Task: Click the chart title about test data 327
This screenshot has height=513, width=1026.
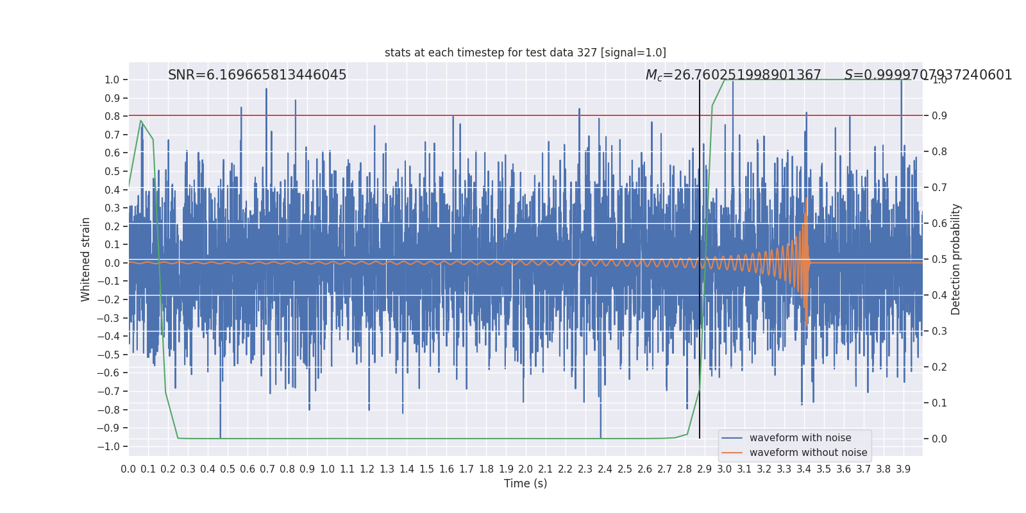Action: [x=525, y=53]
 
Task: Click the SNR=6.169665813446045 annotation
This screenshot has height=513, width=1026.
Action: [x=257, y=75]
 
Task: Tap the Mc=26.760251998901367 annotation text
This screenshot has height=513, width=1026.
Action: [x=733, y=76]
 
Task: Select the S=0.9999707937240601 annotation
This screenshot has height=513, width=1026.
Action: [x=928, y=76]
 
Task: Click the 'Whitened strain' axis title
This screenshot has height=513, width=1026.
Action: [x=86, y=259]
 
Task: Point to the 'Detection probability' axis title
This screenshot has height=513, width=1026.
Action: [x=956, y=259]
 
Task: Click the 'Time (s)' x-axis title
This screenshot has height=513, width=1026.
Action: [x=525, y=484]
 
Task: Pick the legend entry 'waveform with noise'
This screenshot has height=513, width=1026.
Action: [x=800, y=438]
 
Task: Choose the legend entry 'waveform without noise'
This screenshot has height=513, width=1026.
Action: [x=808, y=453]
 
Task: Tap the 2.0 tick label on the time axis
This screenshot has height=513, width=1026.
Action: [x=526, y=469]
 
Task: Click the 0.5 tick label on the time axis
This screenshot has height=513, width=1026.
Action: [x=228, y=469]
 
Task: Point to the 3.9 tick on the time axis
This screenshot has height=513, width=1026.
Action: [x=903, y=469]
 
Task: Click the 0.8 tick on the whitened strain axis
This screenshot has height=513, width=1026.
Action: [x=112, y=117]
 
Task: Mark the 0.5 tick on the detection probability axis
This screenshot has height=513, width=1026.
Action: [x=939, y=260]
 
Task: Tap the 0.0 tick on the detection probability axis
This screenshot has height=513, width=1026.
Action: [x=939, y=439]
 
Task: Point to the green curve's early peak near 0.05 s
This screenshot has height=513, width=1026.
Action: [x=140, y=121]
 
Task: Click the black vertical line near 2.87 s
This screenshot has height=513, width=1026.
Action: [x=700, y=256]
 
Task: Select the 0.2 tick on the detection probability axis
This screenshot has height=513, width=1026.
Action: [x=939, y=367]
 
